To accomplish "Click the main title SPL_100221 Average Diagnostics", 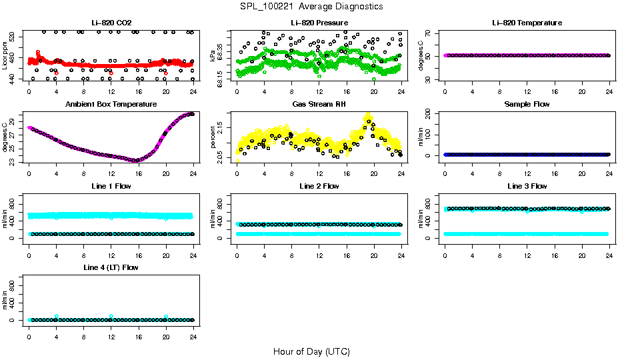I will (312, 6).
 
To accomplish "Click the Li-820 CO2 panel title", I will (111, 23).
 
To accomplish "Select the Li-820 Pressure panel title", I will (319, 23).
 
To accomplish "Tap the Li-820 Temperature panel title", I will (527, 23).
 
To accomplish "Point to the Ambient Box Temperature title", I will (111, 105).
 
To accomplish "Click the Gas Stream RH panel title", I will (319, 105).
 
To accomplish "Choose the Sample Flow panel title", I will (527, 105).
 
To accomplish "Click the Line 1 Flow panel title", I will (111, 186).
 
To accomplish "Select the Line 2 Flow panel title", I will (319, 186).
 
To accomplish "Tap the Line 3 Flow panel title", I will (527, 186).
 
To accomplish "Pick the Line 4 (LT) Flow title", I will (111, 267).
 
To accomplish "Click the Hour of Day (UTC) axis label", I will (311, 351).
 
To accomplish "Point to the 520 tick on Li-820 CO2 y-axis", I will (15, 37).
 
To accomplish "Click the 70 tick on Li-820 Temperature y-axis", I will (431, 33).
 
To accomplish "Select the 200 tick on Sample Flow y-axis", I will (431, 114).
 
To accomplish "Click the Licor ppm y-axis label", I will (5, 55).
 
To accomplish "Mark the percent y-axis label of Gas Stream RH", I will (213, 137).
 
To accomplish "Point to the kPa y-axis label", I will (213, 55).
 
